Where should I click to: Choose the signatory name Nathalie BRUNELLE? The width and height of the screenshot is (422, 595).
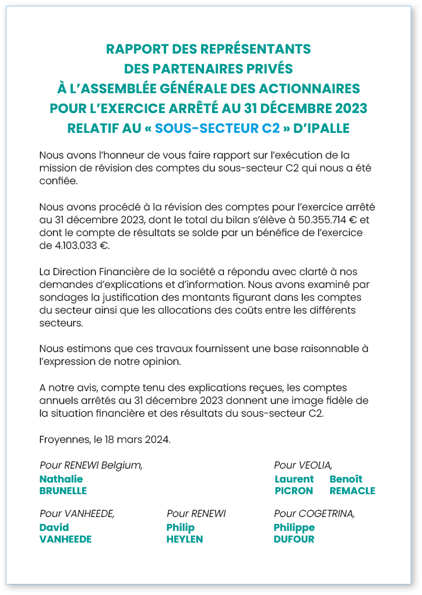62,485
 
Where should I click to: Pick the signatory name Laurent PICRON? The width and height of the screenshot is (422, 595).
294,485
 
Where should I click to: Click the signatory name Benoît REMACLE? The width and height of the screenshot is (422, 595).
352,485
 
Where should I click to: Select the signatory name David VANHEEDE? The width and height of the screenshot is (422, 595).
65,533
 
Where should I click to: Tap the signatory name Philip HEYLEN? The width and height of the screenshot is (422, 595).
184,533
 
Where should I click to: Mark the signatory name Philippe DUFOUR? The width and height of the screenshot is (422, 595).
294,533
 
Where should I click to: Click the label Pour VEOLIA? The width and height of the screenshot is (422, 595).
303,465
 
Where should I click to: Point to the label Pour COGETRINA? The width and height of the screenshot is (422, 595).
314,513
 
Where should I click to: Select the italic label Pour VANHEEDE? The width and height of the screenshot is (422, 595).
76,513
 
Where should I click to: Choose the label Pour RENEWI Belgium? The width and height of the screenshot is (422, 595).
91,465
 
